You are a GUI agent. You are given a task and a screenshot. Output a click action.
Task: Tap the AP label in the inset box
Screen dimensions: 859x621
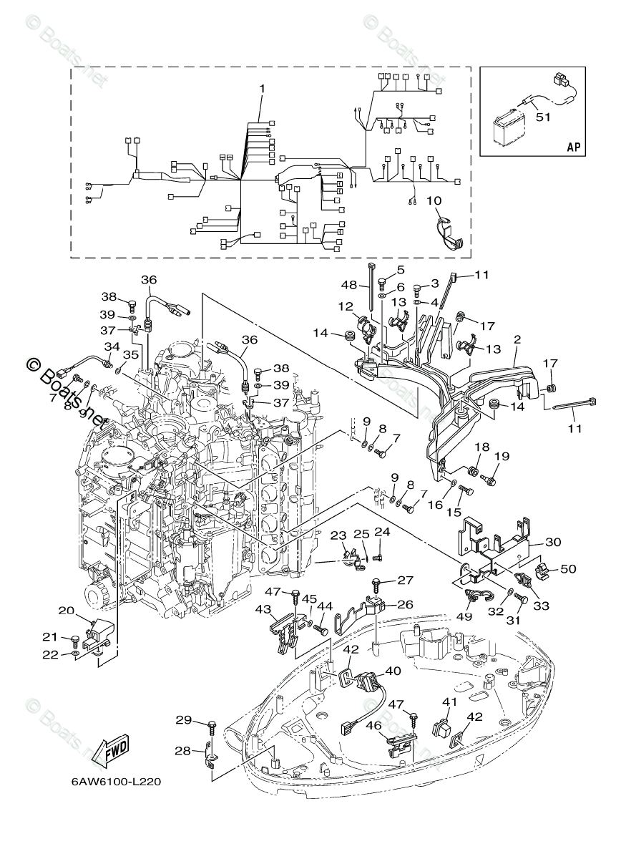coord(573,146)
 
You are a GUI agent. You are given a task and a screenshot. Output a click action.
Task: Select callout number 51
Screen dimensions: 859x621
coord(543,119)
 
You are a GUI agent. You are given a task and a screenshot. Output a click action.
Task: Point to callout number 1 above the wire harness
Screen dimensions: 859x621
coord(262,89)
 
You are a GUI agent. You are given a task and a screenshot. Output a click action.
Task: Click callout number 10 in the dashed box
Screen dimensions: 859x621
coord(434,201)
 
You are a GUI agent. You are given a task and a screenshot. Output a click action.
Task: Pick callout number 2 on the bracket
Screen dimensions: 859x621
coord(517,341)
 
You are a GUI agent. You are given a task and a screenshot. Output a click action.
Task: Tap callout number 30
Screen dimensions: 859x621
coord(553,542)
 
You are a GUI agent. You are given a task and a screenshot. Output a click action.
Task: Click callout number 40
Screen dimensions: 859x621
coord(393,671)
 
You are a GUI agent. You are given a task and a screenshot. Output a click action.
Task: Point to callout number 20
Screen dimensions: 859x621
coord(66,611)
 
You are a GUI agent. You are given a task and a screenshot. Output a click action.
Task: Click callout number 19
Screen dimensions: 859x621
coord(502,456)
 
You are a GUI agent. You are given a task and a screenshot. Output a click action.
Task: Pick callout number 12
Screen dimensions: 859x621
coord(346,306)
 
